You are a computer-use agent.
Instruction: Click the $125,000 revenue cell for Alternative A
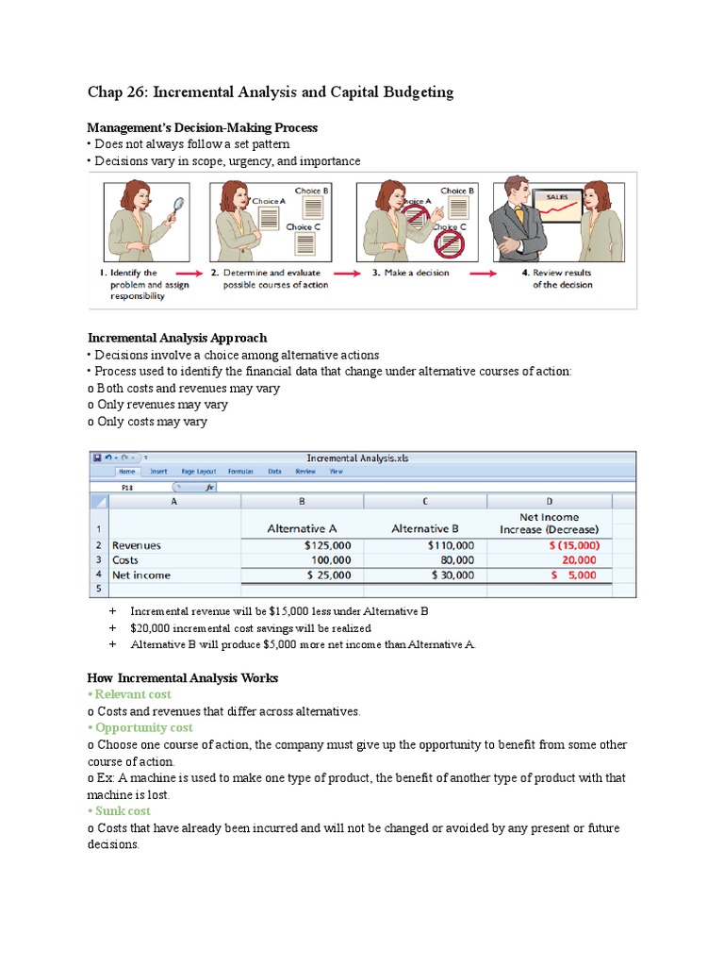(x=328, y=545)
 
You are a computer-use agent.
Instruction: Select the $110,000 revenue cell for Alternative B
(x=451, y=545)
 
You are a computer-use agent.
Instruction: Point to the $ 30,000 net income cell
(x=452, y=575)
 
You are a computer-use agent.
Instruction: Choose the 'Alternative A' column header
(x=309, y=529)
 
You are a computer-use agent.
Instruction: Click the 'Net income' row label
(x=141, y=575)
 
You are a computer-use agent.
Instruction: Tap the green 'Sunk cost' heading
(x=123, y=811)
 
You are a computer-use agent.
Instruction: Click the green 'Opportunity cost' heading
(x=143, y=728)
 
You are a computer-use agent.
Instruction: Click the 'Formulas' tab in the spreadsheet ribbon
(x=240, y=472)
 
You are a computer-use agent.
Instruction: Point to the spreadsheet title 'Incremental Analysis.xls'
(x=358, y=458)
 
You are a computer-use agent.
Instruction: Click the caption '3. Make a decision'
(x=410, y=273)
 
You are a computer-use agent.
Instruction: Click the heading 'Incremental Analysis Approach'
(x=176, y=338)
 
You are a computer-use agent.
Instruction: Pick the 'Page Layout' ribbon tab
(x=199, y=472)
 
